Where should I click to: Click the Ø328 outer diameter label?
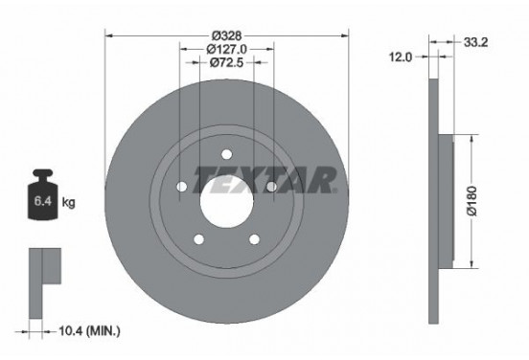226,35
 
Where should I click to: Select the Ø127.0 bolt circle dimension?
226,49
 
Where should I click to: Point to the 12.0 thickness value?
402,57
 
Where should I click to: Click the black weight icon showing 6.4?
42,199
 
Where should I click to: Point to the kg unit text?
69,203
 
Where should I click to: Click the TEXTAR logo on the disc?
265,179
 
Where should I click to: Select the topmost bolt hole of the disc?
226,153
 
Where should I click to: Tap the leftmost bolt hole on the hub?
180,187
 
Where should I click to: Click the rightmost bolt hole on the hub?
272,187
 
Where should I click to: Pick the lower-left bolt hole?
198,240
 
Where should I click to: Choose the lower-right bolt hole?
255,240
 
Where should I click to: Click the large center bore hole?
226,202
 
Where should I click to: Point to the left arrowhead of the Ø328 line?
107,35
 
